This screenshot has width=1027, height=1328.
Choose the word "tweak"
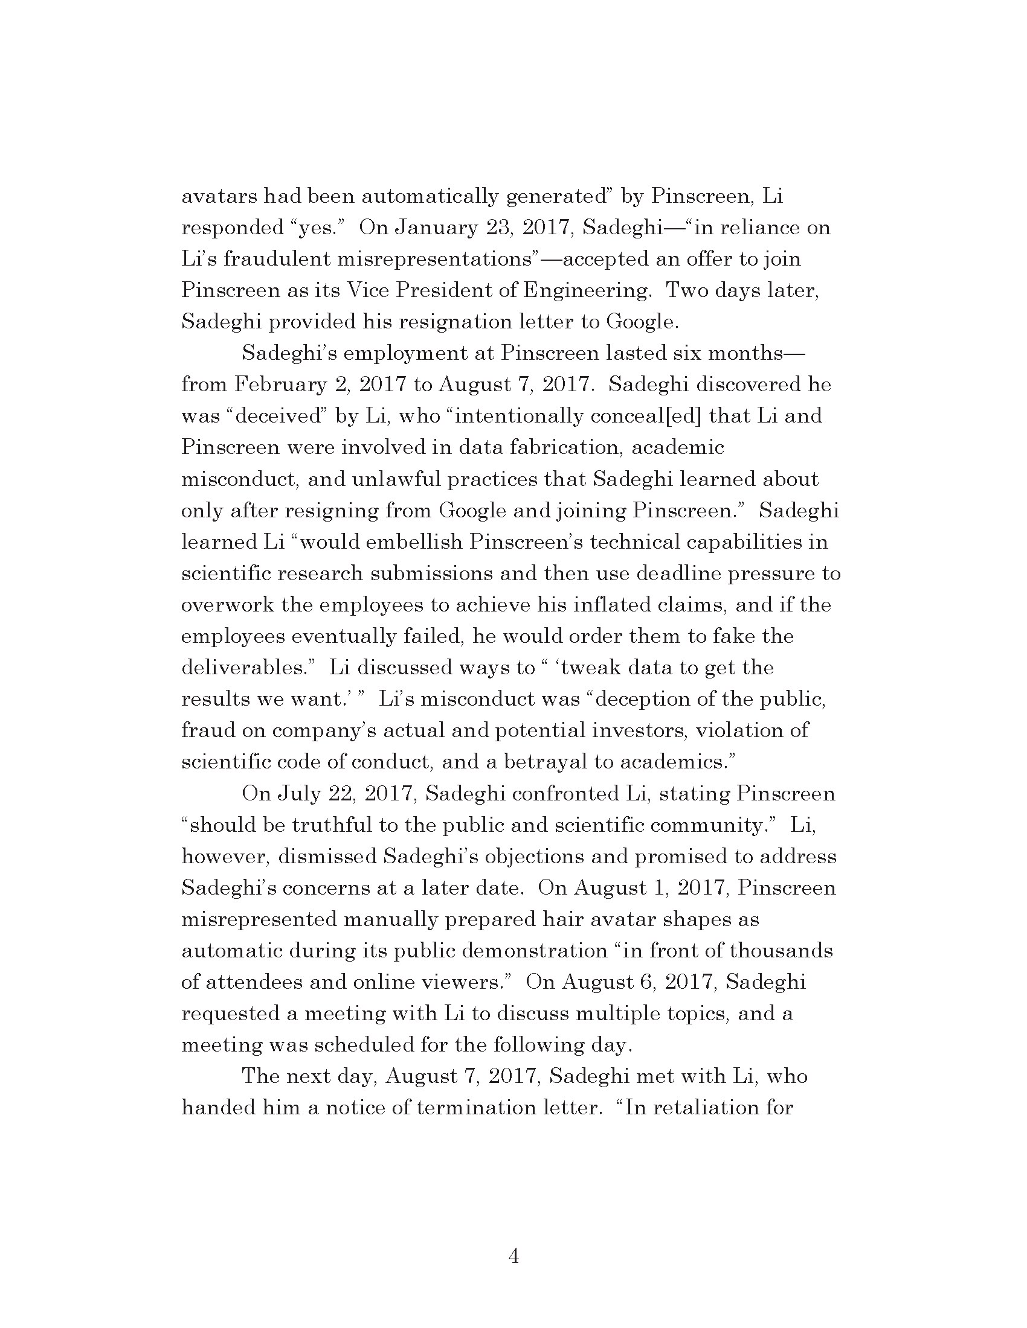589,668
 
